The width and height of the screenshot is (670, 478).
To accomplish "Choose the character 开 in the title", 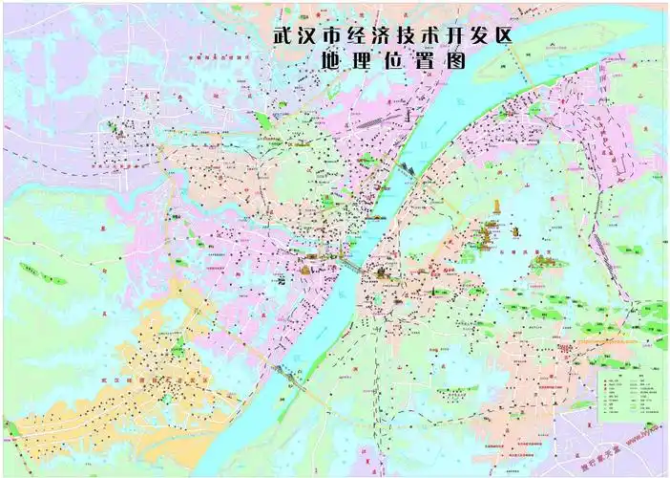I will [458, 35].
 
